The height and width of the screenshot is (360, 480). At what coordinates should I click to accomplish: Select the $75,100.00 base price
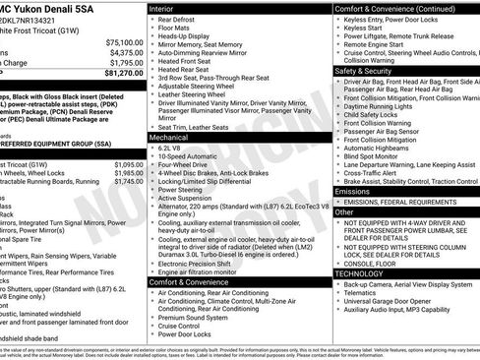(x=124, y=42)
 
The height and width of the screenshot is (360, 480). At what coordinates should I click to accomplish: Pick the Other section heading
(x=344, y=211)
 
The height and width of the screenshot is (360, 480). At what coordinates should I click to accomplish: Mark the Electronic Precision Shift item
(x=200, y=263)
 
